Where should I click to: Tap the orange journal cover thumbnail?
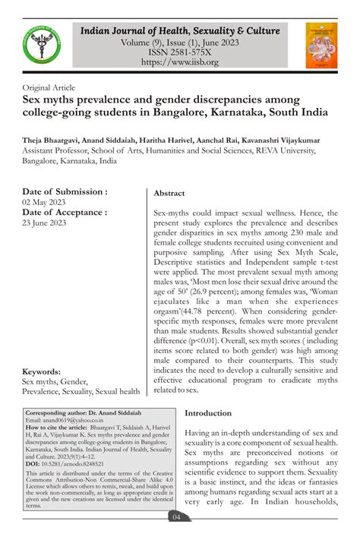point(321,43)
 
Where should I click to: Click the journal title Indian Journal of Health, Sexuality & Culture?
point(180,30)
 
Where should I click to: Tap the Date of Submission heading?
point(65,191)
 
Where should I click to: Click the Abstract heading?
point(169,194)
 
